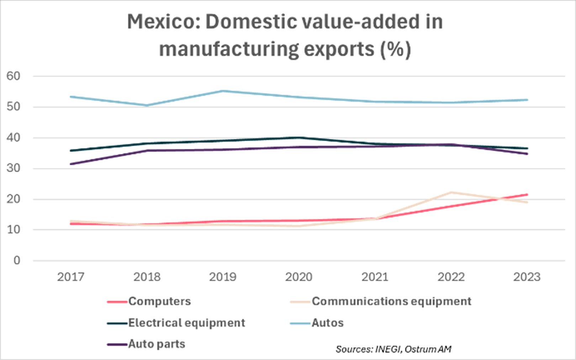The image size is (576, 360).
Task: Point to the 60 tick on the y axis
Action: tap(13, 76)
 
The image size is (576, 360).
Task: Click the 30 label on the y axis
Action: tap(13, 168)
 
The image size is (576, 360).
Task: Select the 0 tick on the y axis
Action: tap(17, 261)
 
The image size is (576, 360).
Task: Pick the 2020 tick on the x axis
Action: tap(298, 277)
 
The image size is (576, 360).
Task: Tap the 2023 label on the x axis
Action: tap(527, 277)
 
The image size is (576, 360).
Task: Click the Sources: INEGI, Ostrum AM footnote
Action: tap(393, 349)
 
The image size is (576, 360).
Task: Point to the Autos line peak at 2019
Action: tap(223, 91)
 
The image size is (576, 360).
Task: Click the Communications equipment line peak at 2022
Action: tap(451, 192)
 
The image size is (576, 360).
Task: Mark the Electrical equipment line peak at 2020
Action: tap(299, 137)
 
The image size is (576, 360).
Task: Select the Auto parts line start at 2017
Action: tap(71, 164)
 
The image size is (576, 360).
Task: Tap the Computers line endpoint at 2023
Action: tap(527, 194)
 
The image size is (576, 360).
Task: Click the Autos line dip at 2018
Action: tap(147, 105)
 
